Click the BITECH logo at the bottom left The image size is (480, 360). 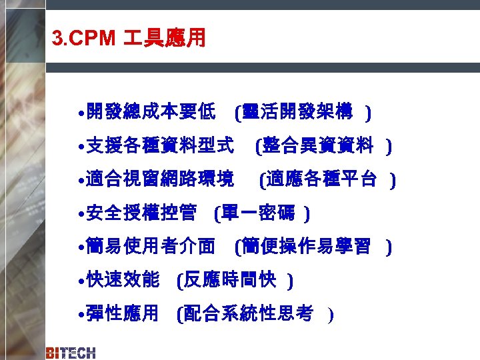71,353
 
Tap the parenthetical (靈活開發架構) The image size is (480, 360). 303,113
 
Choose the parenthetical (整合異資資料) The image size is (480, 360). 323,145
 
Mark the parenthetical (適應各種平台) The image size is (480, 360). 328,179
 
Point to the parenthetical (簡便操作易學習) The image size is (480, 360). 313,247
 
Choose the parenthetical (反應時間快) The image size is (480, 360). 235,281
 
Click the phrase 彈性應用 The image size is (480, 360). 123,313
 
